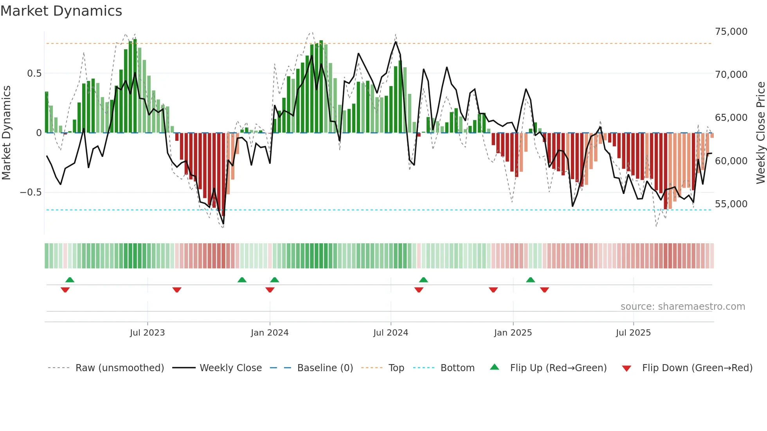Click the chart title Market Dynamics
(x=61, y=11)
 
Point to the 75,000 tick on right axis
(x=731, y=32)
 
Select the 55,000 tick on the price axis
(x=731, y=204)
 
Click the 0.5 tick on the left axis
(x=34, y=74)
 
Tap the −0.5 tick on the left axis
(x=31, y=192)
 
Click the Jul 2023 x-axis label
(x=147, y=333)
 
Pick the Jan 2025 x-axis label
(x=513, y=333)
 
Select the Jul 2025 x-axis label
(x=633, y=333)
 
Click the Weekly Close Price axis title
(x=760, y=133)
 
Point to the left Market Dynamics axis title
(x=6, y=133)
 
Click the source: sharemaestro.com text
(x=682, y=307)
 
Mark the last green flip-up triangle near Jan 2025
(x=530, y=280)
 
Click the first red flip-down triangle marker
(x=65, y=290)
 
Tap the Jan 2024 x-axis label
(x=270, y=333)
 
